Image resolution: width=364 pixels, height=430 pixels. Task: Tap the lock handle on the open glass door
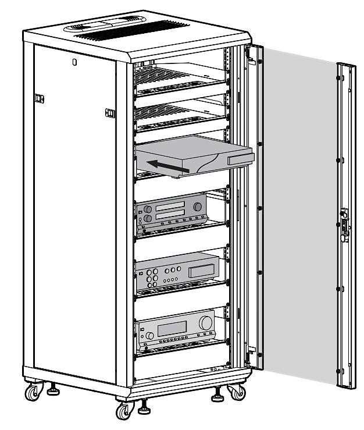click(x=343, y=223)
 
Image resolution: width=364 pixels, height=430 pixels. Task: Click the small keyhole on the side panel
click(x=74, y=62)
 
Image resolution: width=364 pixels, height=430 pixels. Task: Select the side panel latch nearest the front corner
click(x=108, y=112)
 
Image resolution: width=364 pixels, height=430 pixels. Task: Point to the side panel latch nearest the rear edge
click(x=39, y=99)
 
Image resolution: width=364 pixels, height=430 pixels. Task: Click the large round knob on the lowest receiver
click(x=205, y=323)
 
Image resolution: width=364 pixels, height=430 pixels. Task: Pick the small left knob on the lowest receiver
click(x=149, y=336)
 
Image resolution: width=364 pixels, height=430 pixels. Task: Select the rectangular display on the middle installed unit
click(x=201, y=269)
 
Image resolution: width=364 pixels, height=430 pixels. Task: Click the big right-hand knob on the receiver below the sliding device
click(x=199, y=207)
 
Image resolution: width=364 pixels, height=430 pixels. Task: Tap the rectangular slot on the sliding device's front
click(x=239, y=159)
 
